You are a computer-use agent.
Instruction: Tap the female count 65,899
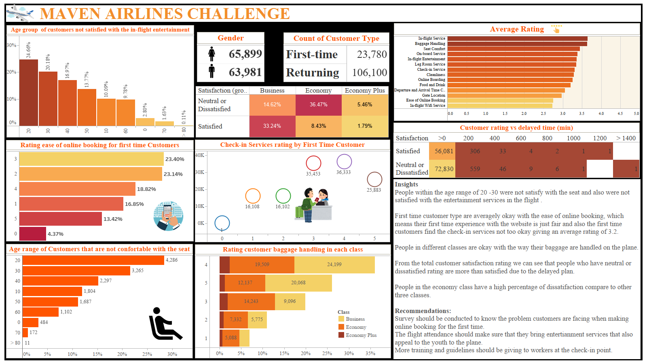[x=245, y=54]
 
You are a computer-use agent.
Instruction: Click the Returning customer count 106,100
[x=369, y=73]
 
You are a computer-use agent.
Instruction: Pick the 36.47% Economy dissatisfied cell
[x=318, y=105]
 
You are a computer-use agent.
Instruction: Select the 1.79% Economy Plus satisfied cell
[x=365, y=126]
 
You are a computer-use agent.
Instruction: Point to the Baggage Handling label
[x=430, y=44]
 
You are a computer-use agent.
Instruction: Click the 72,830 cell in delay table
[x=444, y=169]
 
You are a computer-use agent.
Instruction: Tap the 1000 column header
[x=573, y=138]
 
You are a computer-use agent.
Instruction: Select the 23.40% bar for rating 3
[x=91, y=159]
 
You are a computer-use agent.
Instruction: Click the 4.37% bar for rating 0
[x=33, y=234]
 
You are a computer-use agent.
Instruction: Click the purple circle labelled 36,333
[x=344, y=162]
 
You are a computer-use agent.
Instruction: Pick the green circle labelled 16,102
[x=283, y=196]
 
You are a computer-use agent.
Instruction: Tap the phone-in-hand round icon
[x=168, y=216]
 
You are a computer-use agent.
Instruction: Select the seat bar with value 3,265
[x=76, y=271]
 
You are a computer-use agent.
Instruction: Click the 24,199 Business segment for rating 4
[x=334, y=265]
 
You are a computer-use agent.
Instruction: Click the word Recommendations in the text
[x=423, y=311]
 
